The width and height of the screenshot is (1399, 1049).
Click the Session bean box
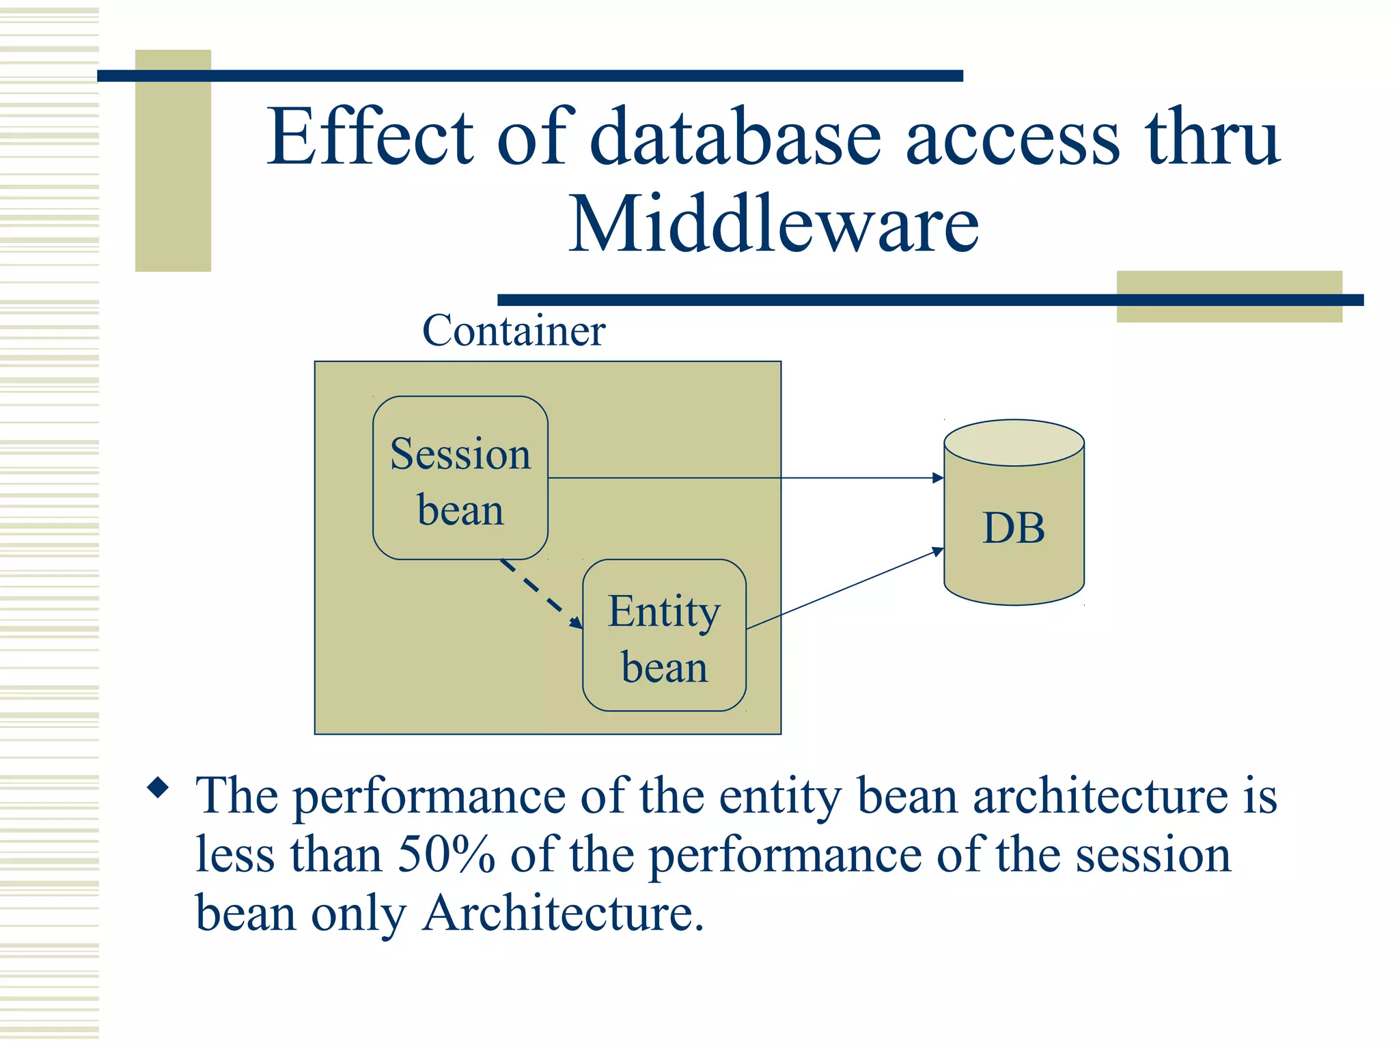(460, 478)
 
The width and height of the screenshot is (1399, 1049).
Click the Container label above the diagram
(514, 331)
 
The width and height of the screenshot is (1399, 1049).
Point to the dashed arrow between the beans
(540, 593)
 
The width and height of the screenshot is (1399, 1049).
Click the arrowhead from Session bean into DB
(938, 478)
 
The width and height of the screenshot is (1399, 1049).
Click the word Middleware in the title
(774, 224)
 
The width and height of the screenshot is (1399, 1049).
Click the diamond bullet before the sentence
(158, 789)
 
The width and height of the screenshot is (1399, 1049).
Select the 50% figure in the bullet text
(446, 854)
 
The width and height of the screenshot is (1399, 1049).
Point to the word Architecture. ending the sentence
(563, 913)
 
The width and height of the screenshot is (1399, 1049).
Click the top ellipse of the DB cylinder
(1014, 443)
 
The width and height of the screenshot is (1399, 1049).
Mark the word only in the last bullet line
(359, 914)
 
